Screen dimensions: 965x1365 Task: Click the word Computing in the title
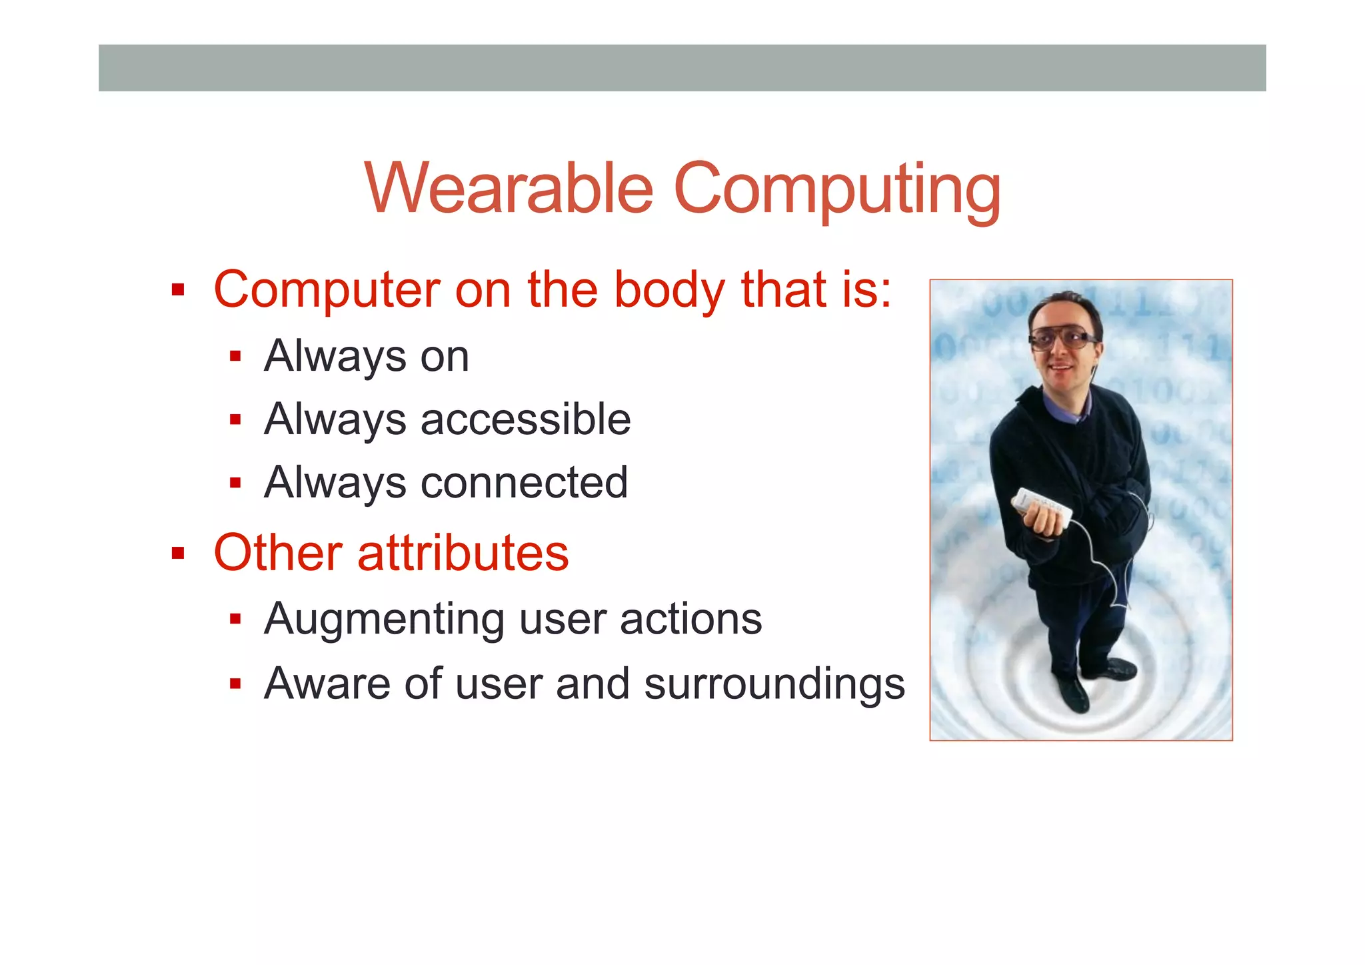point(837,190)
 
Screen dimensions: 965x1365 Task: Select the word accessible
point(525,419)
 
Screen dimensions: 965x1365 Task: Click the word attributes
point(463,553)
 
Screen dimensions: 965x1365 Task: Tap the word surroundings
point(774,685)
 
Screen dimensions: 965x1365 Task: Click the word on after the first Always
point(445,357)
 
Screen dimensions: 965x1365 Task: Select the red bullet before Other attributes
point(177,553)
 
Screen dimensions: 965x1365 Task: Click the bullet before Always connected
point(235,482)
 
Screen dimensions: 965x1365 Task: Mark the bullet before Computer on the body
point(177,290)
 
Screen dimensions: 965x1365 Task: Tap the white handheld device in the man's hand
point(1043,508)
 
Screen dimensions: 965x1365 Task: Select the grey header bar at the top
point(682,68)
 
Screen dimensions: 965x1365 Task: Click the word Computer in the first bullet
point(327,290)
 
